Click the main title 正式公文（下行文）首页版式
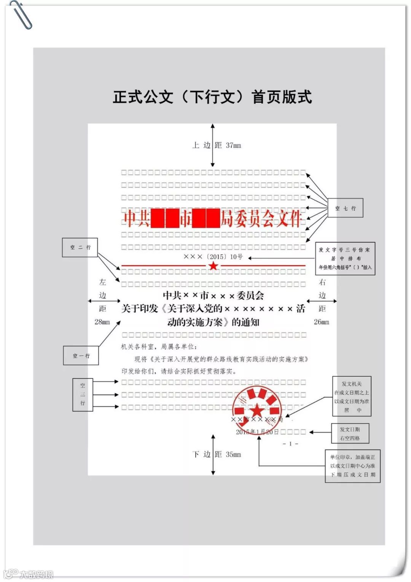(212, 97)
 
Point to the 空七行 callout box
(345, 208)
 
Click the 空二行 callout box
(80, 247)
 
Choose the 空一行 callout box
(81, 356)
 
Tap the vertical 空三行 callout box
(83, 394)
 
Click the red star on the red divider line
(213, 266)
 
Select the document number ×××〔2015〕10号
(213, 257)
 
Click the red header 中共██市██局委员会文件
(213, 219)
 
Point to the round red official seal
(257, 407)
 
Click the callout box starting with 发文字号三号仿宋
(345, 258)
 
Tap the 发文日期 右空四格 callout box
(350, 433)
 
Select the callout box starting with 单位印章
(352, 466)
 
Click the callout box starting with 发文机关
(351, 397)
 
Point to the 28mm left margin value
(102, 322)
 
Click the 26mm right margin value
(322, 322)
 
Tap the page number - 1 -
(290, 444)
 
